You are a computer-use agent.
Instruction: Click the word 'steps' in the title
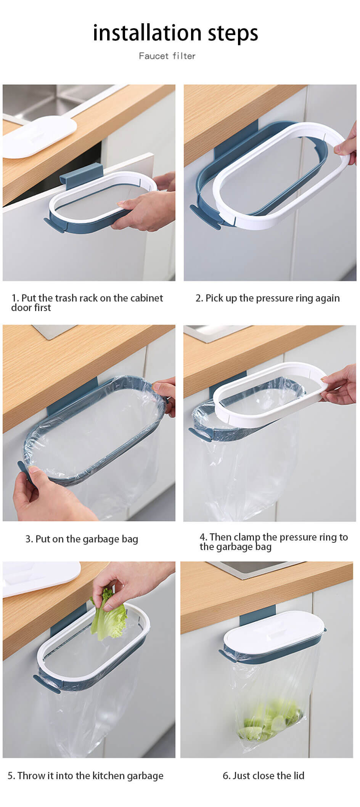(233, 34)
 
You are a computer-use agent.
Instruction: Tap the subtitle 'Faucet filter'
(167, 56)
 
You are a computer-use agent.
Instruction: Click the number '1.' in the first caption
(15, 298)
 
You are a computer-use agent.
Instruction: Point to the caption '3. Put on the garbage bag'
(82, 539)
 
